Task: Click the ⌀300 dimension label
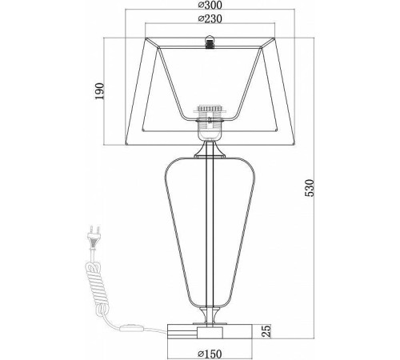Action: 210,5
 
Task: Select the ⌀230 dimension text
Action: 210,18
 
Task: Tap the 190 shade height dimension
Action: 99,91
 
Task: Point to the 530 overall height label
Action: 310,188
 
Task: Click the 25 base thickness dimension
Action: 267,330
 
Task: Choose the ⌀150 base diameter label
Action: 210,354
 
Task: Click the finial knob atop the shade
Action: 210,42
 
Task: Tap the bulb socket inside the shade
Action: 210,123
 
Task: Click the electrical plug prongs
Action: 94,230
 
